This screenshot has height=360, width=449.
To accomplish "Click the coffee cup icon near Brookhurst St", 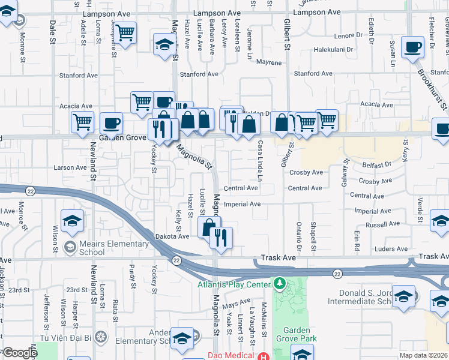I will click(412, 47).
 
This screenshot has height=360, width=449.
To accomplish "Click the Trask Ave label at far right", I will click(432, 256).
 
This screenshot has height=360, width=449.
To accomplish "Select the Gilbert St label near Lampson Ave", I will click(288, 34).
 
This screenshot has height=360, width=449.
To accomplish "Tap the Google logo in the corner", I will click(20, 353).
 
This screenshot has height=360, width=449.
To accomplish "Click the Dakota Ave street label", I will click(173, 236).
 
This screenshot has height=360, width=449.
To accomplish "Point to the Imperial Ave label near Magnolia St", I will click(242, 204).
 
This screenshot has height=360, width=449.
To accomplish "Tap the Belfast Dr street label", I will click(376, 164).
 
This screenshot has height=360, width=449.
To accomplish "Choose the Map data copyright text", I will click(423, 355).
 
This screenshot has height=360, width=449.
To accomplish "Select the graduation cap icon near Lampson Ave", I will click(163, 44).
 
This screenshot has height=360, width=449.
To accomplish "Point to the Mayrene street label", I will click(268, 62).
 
